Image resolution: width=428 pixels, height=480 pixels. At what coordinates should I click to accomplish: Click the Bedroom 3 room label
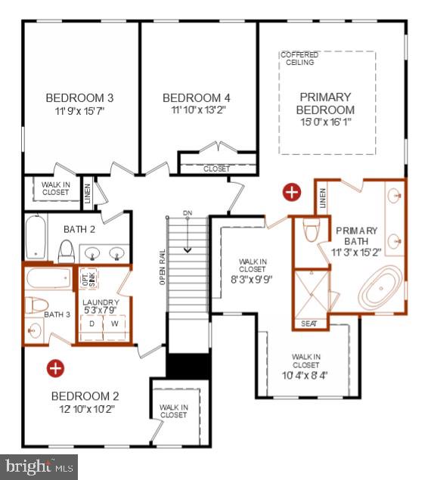79,98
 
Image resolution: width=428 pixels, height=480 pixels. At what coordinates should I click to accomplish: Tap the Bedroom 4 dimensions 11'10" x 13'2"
196,110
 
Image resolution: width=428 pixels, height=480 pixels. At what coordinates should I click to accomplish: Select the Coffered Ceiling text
299,58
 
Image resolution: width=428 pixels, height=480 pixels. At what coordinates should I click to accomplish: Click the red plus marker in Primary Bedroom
291,192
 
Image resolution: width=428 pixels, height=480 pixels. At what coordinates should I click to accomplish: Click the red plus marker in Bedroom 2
54,368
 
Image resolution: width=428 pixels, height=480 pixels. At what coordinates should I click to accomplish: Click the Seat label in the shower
309,324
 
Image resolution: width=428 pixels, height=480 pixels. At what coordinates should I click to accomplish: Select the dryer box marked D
92,324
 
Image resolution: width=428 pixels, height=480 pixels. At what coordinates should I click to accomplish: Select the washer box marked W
116,324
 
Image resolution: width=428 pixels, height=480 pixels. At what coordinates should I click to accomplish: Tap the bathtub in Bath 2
35,236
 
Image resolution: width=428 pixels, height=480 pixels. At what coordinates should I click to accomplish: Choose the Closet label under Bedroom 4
216,169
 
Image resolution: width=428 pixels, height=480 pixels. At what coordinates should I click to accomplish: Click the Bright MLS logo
39,467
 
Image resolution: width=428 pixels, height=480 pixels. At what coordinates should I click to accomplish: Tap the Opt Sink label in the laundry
88,279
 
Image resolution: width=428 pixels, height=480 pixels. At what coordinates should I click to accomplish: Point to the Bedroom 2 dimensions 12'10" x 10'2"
85,410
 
